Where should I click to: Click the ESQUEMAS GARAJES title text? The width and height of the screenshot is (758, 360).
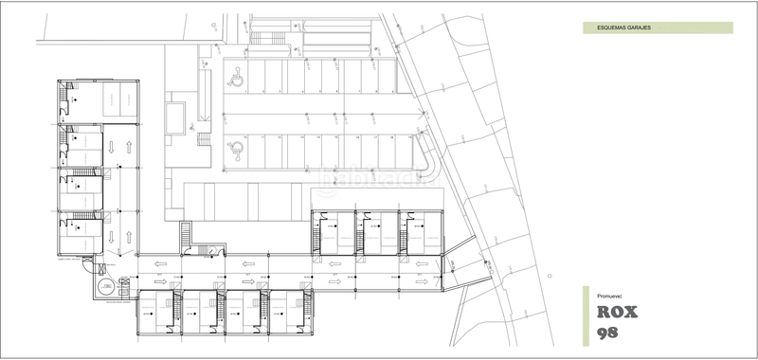pos(623,28)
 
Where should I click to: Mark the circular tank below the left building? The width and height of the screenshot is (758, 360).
pos(99,285)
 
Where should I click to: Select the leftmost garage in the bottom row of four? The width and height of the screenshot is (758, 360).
pos(154,310)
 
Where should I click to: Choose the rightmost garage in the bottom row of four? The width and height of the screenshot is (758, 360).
pos(286,310)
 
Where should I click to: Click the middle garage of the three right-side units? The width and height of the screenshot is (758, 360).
pos(377,232)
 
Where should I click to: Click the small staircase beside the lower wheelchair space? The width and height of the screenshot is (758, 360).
pos(202,139)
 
